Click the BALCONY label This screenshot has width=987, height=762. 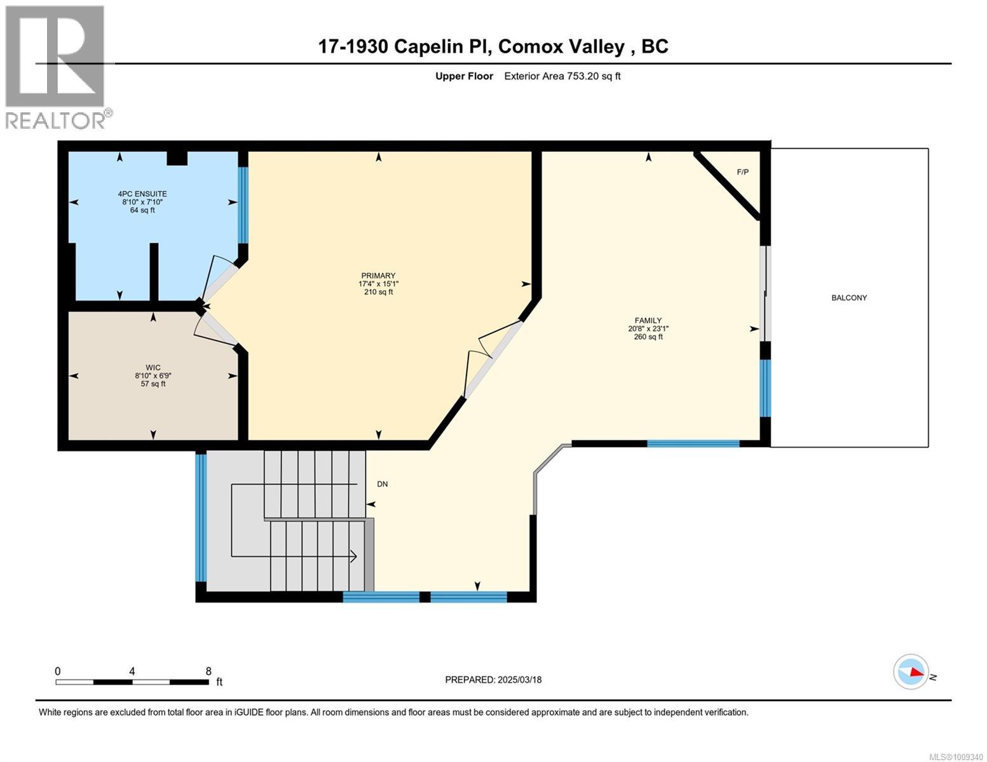coord(848,298)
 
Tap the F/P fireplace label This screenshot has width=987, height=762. coord(742,172)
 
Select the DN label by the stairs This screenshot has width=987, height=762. coord(382,484)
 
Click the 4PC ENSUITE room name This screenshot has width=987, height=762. coord(142,194)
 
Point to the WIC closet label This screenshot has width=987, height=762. coord(153,367)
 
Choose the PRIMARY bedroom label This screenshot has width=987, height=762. coord(378,276)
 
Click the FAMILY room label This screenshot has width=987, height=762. coord(648,321)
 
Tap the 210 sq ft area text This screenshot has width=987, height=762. coord(378,292)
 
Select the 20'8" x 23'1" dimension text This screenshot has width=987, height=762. coord(648,329)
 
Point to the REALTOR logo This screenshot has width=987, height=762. coord(55,67)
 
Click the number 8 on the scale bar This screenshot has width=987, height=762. coord(208,671)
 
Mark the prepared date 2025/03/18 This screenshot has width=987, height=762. coord(493,679)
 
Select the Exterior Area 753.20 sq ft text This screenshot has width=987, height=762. coord(562,76)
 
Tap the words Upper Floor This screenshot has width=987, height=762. coord(464,76)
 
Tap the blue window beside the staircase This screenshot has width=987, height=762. coord(201,518)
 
